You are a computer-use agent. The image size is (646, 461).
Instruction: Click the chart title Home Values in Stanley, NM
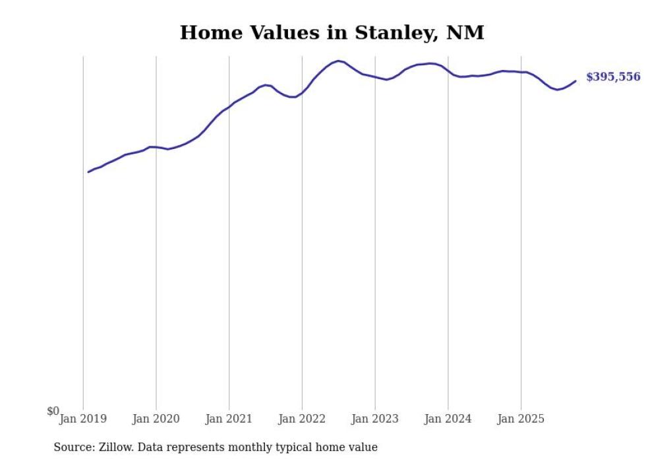[332, 32]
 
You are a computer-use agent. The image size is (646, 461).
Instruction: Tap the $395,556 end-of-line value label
[612, 77]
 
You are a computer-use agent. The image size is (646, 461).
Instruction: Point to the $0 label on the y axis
[53, 411]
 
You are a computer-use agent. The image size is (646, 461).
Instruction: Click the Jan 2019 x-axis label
[83, 419]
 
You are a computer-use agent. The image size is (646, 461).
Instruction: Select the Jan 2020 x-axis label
[156, 419]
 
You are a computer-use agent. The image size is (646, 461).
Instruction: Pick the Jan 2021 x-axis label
[229, 419]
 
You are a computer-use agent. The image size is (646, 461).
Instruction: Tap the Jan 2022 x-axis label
[302, 419]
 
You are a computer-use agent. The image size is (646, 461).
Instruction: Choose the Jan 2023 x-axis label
[375, 419]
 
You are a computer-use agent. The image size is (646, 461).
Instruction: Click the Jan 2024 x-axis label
[448, 419]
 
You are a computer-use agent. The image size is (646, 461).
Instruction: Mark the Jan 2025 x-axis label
[521, 419]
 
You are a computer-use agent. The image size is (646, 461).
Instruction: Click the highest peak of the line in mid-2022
[338, 61]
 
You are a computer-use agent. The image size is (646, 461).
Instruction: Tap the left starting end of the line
[88, 172]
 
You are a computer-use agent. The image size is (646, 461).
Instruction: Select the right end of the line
[575, 81]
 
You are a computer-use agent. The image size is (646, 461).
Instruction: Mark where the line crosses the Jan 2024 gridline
[448, 71]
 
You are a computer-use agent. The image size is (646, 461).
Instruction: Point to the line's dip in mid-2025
[558, 89]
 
